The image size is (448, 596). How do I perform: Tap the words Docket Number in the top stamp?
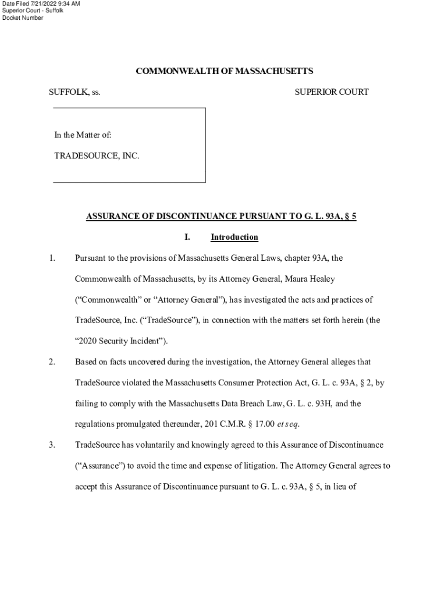[x=23, y=18]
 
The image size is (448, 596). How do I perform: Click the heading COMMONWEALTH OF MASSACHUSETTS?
[x=224, y=71]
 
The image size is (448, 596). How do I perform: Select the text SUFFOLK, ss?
[x=74, y=92]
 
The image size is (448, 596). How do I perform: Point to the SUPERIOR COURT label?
[x=331, y=92]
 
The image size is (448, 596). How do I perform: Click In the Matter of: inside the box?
[x=83, y=135]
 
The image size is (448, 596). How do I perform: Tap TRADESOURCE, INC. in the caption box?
[x=97, y=156]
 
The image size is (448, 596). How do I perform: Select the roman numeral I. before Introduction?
[x=187, y=237]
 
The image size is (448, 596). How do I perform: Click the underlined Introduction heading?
[x=234, y=237]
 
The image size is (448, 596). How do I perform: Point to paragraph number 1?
[x=52, y=258]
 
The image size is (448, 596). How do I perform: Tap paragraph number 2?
[x=52, y=361]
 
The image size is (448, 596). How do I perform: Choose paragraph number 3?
[x=52, y=445]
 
